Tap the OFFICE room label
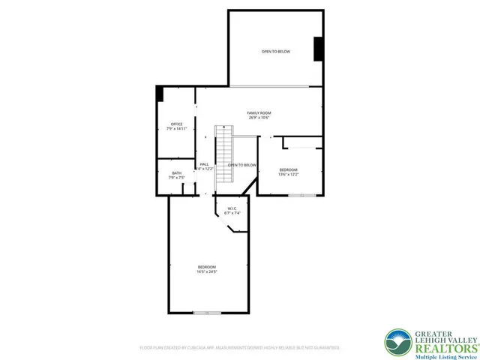coord(176,124)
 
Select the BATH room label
coord(176,173)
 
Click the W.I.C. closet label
coord(232,208)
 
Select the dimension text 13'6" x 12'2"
coord(289,175)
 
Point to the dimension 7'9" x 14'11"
coord(176,130)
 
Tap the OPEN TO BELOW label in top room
coord(275,52)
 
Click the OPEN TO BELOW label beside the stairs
coord(243,165)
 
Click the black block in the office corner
coord(159,94)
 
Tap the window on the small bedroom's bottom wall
coord(302,195)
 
